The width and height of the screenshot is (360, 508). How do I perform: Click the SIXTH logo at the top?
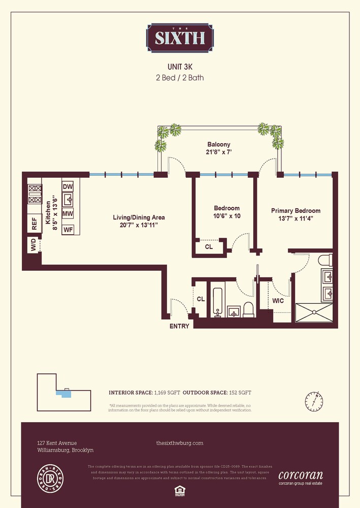[x=180, y=38]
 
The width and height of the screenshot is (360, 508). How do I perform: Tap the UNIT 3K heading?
[x=180, y=67]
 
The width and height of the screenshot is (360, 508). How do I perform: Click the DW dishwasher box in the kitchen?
[x=68, y=187]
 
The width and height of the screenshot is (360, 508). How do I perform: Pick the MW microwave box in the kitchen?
[x=68, y=214]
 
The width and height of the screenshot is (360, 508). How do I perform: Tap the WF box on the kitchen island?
[x=68, y=230]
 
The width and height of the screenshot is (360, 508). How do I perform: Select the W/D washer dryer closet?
[x=34, y=247]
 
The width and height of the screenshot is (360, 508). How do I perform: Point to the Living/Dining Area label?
[x=139, y=221]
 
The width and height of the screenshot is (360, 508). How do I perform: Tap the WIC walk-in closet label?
[x=278, y=301]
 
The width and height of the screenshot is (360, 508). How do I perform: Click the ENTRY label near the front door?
[x=179, y=326]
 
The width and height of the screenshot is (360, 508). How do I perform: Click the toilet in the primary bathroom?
[x=324, y=261]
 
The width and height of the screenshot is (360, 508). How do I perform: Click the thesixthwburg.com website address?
[x=180, y=443]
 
